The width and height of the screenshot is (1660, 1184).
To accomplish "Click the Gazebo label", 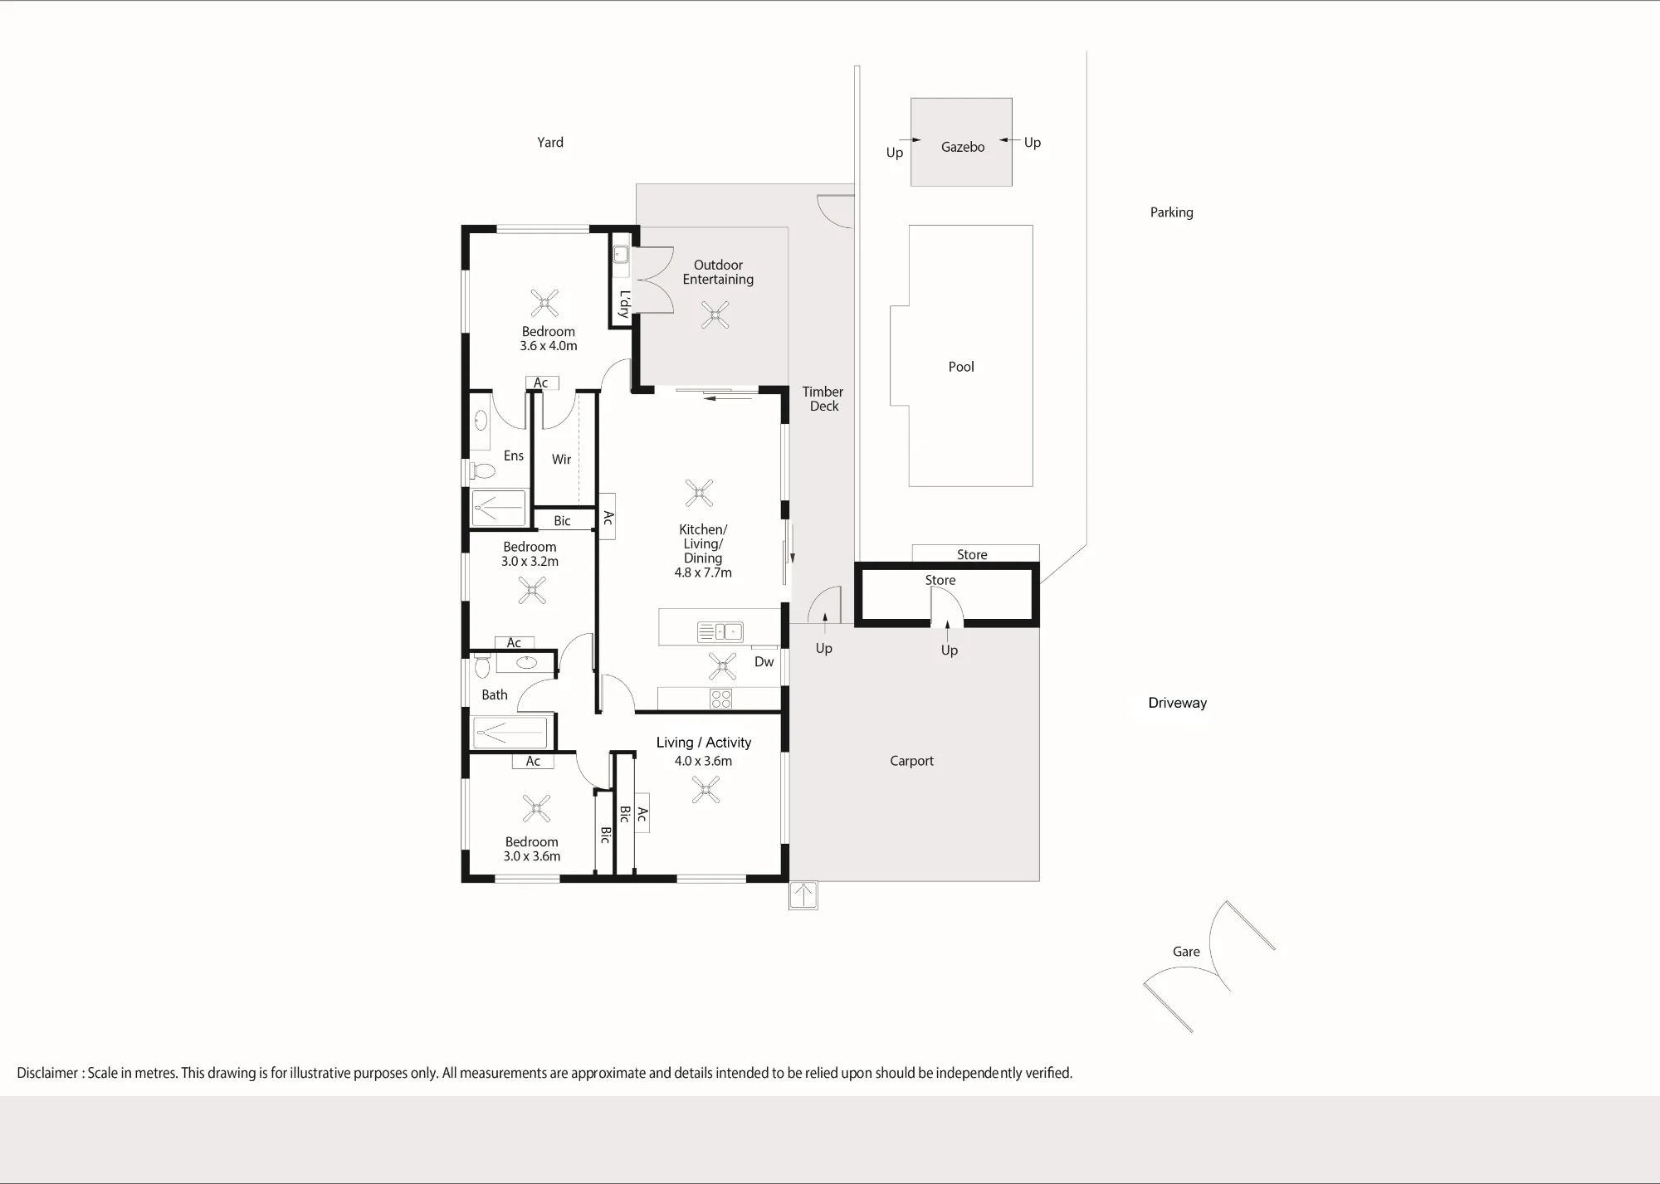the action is click(963, 147).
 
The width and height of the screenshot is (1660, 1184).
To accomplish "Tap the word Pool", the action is click(961, 367).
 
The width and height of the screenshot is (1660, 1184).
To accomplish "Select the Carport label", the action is click(911, 761).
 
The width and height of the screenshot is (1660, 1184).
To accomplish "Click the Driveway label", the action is click(1177, 703).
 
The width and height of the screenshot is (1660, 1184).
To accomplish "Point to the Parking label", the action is click(1171, 212).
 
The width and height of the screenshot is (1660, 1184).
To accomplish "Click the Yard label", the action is click(549, 143).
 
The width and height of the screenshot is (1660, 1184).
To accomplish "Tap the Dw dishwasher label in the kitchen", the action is click(764, 662).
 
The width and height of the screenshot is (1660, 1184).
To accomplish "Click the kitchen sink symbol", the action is click(720, 632).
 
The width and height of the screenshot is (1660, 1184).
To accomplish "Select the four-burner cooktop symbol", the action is click(720, 699).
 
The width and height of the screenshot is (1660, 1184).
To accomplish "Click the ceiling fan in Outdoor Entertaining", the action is click(715, 315).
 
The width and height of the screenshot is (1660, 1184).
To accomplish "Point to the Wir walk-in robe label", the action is click(561, 460).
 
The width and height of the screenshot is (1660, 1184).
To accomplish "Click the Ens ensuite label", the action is click(513, 456).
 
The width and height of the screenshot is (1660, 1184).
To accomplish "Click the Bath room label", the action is click(494, 695).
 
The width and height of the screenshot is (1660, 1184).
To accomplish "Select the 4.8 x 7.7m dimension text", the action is click(703, 573).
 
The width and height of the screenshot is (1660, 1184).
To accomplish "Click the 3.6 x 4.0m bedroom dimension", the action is click(548, 346).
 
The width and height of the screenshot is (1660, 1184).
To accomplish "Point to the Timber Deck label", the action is click(823, 399).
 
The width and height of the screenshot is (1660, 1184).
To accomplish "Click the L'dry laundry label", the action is click(624, 304).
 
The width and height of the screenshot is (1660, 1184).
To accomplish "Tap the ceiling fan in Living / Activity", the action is click(705, 789).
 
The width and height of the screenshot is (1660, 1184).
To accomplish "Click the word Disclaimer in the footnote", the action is click(47, 1073).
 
